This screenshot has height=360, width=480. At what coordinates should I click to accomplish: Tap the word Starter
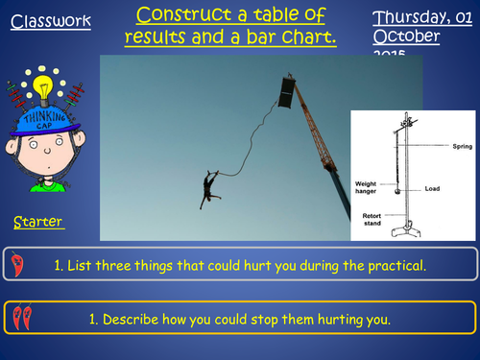coord(38,223)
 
